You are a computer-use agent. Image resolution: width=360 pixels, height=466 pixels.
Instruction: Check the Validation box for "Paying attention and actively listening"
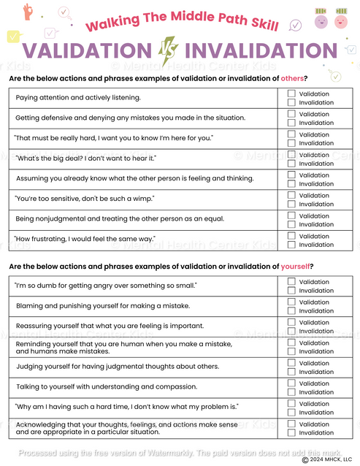pyautogui.click(x=291, y=93)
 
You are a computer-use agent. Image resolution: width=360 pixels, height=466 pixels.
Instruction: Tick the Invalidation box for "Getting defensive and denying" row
pyautogui.click(x=291, y=123)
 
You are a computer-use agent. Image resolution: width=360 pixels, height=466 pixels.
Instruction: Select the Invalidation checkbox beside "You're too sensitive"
pyautogui.click(x=291, y=204)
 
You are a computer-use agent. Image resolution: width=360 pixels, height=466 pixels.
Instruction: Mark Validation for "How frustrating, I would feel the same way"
pyautogui.click(x=291, y=236)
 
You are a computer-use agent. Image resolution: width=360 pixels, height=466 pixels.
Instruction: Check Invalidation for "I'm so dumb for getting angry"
pyautogui.click(x=291, y=291)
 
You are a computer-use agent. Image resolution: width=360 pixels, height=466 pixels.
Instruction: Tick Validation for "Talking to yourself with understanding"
pyautogui.click(x=291, y=383)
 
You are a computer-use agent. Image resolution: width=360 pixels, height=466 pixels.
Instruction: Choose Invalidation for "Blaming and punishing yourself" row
pyautogui.click(x=291, y=311)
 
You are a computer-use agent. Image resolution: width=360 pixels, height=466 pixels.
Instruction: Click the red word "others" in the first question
pyautogui.click(x=292, y=78)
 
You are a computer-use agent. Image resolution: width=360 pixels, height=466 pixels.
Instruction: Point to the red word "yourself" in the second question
pyautogui.click(x=296, y=266)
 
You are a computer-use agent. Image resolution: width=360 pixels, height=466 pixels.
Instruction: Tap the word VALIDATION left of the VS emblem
pyautogui.click(x=86, y=50)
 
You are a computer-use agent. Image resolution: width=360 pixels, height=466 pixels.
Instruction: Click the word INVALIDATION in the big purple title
pyautogui.click(x=261, y=50)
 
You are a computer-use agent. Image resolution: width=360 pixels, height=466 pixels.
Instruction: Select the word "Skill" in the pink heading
pyautogui.click(x=261, y=24)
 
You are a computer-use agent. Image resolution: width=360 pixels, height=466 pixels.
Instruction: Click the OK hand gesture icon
pyautogui.click(x=28, y=12)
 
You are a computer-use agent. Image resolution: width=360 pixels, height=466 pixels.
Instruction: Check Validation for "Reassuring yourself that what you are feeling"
pyautogui.click(x=291, y=322)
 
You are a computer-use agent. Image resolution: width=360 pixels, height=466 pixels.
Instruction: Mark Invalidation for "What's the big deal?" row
pyautogui.click(x=291, y=164)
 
